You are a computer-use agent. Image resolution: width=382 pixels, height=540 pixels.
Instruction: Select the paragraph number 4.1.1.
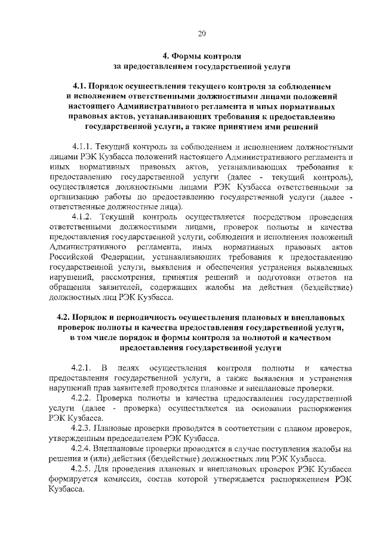pyautogui.click(x=83, y=146)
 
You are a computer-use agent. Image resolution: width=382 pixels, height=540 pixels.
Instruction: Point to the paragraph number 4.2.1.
pyautogui.click(x=83, y=366)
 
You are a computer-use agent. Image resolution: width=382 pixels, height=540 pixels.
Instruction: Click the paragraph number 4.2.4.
pyautogui.click(x=83, y=449)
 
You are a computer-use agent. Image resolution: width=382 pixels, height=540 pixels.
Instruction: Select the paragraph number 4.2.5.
pyautogui.click(x=83, y=470)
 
